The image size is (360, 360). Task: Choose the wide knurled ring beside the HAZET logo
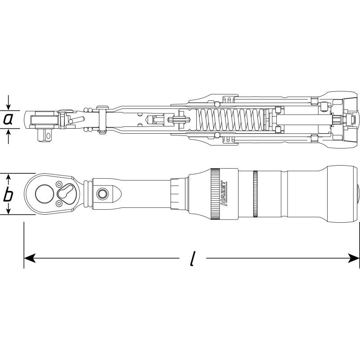[216, 194]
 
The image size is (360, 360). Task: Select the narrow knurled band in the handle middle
[255, 194]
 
